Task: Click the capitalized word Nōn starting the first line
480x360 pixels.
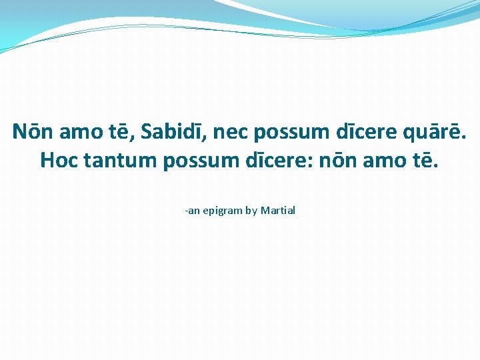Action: (x=33, y=132)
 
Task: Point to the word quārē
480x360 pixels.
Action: (x=436, y=132)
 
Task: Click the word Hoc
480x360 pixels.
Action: (x=58, y=161)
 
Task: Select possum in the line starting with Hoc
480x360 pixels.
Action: (x=199, y=161)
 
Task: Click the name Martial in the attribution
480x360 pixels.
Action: (x=278, y=211)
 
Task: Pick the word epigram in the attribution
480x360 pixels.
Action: (x=222, y=211)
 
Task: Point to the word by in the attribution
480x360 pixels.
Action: (x=251, y=211)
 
